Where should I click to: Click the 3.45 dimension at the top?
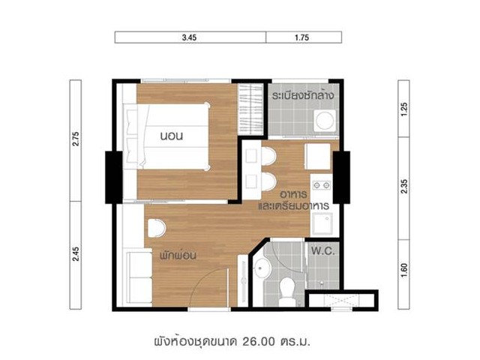pos(189,37)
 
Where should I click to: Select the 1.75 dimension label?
pos(301,37)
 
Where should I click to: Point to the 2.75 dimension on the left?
pos(76,139)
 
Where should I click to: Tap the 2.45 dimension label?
pos(76,253)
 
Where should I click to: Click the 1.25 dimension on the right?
pos(404,109)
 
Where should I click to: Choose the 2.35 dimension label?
pos(404,186)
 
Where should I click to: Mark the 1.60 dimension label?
pos(404,270)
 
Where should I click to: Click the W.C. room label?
pos(323,251)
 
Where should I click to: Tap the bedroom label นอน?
pos(172,136)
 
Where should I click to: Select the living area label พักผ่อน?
pos(178,255)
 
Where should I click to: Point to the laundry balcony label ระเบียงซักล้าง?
pos(303,95)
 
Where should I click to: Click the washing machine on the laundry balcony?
pos(325,120)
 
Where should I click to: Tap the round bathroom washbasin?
pos(262,268)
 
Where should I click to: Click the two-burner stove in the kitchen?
pos(322,185)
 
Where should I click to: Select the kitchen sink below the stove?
pos(322,223)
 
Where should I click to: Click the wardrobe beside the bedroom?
pos(250,109)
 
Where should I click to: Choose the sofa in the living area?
pos(140,277)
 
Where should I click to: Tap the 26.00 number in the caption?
pos(259,341)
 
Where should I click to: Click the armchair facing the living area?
pos(157,228)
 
